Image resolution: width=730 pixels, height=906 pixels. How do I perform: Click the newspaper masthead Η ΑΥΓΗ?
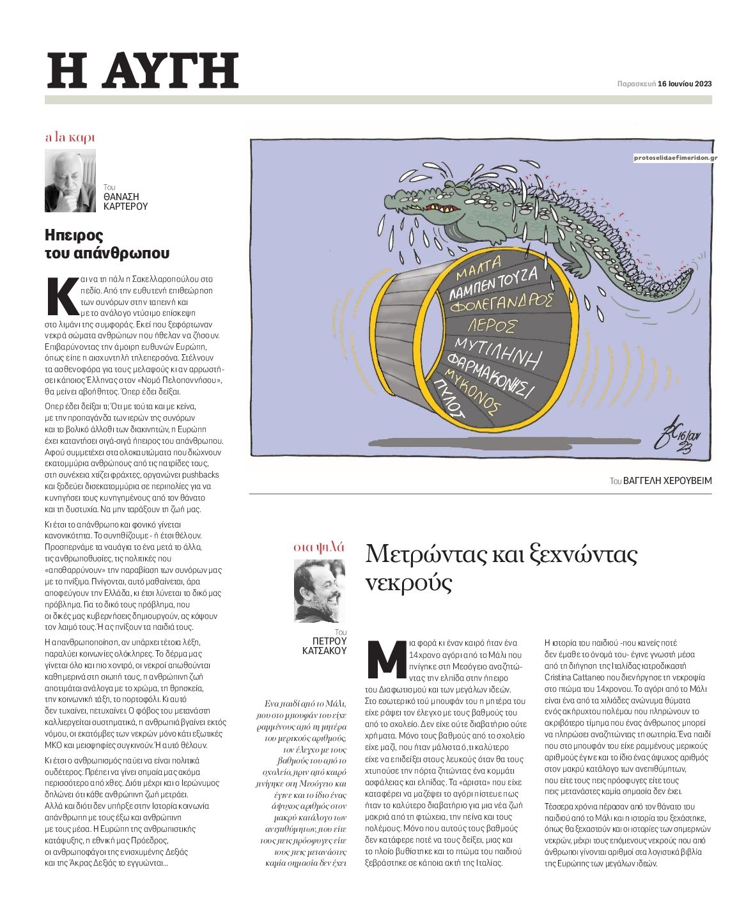point(143,70)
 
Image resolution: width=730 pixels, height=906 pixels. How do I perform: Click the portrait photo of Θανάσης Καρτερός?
point(70,181)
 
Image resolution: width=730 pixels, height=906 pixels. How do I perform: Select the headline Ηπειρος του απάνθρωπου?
point(107,244)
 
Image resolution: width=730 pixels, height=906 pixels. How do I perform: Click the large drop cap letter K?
point(63,297)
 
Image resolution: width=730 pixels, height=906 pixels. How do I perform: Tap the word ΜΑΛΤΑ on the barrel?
point(479,267)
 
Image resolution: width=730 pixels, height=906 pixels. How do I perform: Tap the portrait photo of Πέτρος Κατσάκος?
point(320,591)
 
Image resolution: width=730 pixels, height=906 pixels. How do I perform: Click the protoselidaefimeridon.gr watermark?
point(674,157)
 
